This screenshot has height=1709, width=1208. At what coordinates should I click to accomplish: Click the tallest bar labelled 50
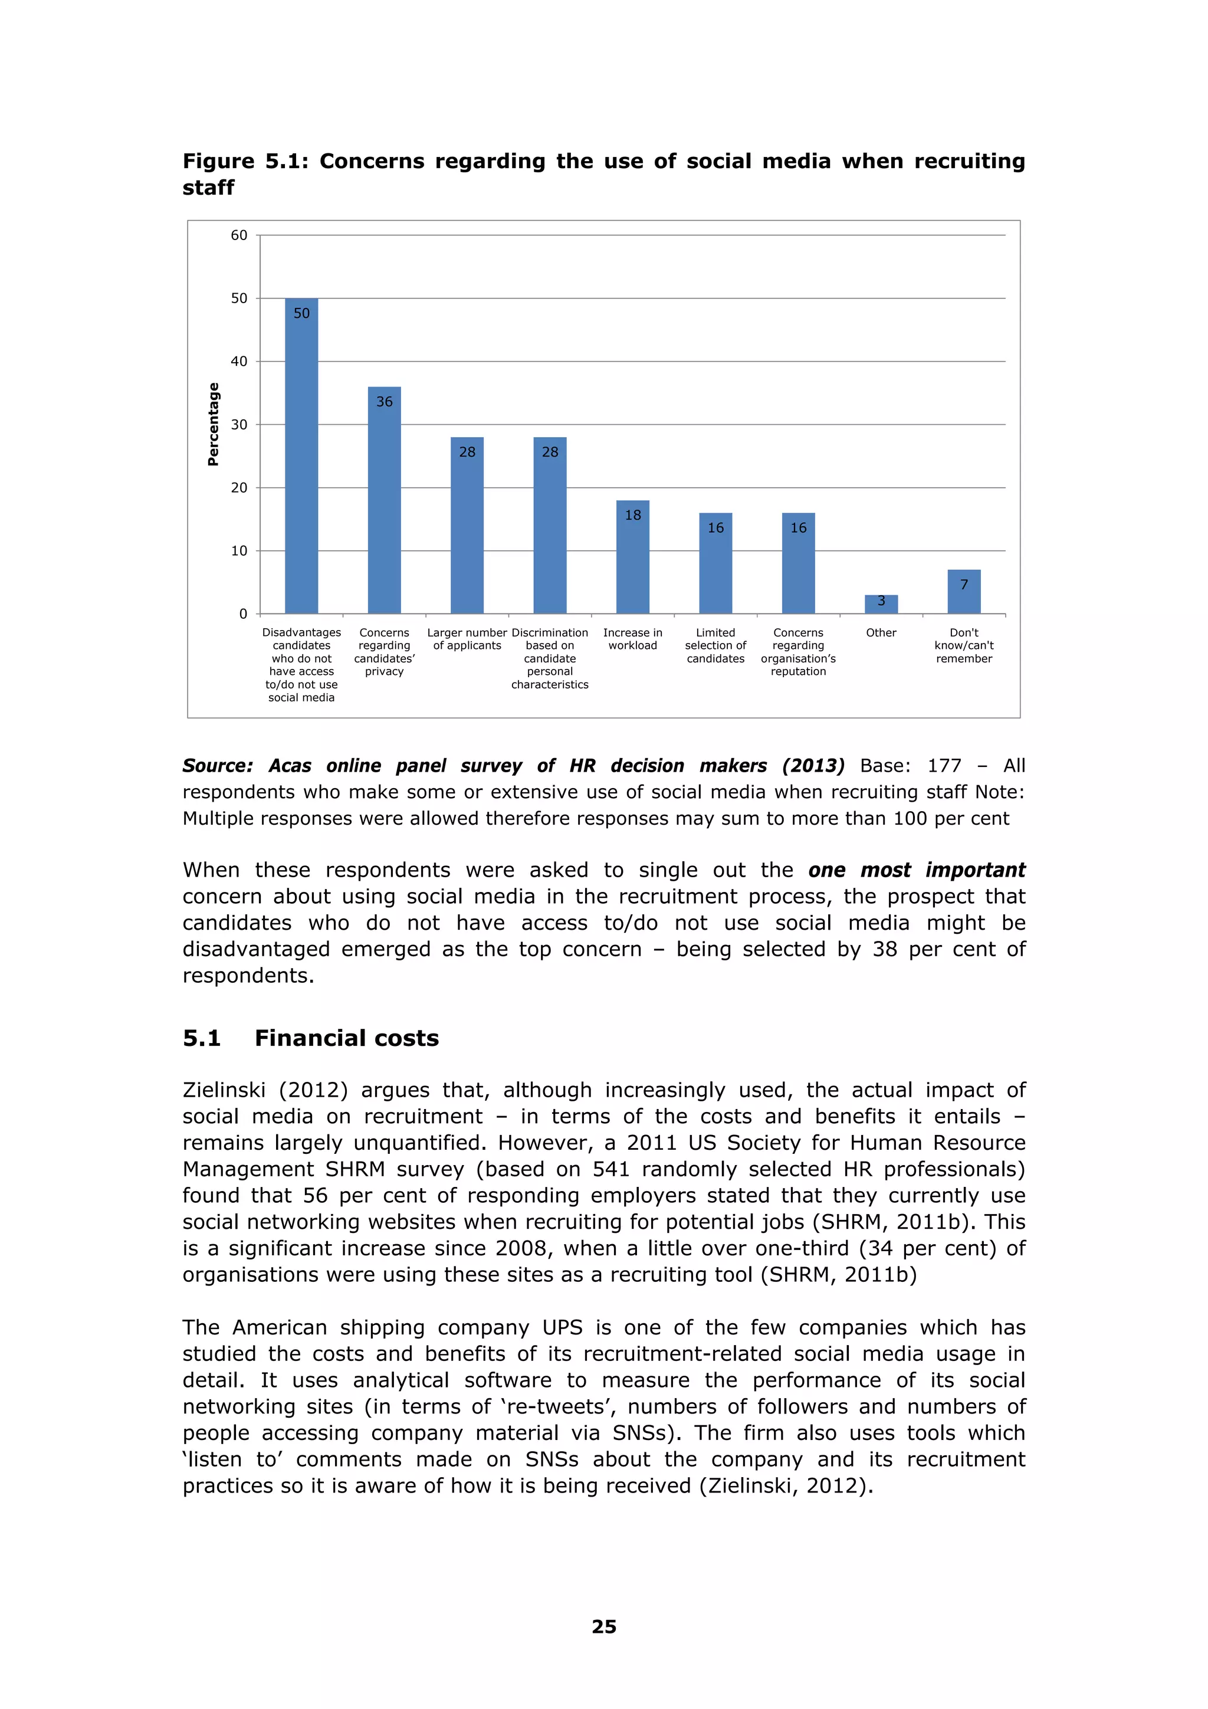pos(301,455)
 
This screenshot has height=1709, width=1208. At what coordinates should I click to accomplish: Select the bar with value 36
pos(384,500)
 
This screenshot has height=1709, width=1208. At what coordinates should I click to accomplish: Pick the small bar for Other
pos(881,605)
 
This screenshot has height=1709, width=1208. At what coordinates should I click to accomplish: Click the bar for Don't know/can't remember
pos(964,592)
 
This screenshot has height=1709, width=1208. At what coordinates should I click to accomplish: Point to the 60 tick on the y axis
pos(239,235)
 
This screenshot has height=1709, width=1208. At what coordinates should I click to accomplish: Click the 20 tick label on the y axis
pos(239,487)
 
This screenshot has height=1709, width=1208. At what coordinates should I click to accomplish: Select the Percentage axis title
pos(214,424)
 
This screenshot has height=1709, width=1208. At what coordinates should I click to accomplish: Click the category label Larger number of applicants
pos(467,639)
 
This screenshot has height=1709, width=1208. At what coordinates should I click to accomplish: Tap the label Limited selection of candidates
pos(715,645)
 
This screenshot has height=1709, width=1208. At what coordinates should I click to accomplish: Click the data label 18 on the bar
pos(633,515)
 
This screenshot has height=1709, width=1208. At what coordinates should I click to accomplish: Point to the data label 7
pos(964,584)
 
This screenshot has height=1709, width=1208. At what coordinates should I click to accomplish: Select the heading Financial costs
pos(347,1038)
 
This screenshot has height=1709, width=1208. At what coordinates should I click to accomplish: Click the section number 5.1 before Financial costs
pos(202,1038)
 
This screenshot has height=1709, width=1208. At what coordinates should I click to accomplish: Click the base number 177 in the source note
pos(944,765)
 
